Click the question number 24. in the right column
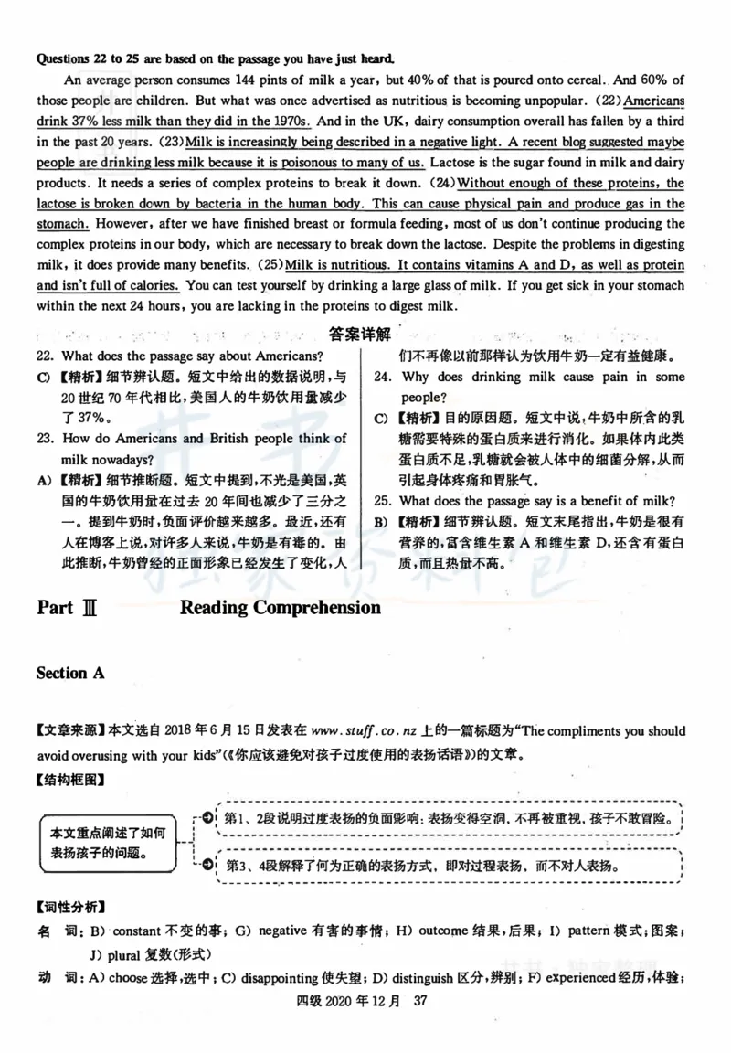[x=383, y=377]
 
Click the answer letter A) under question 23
[x=43, y=480]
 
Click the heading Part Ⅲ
[x=68, y=608]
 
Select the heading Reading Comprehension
[x=281, y=608]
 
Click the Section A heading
[x=70, y=673]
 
